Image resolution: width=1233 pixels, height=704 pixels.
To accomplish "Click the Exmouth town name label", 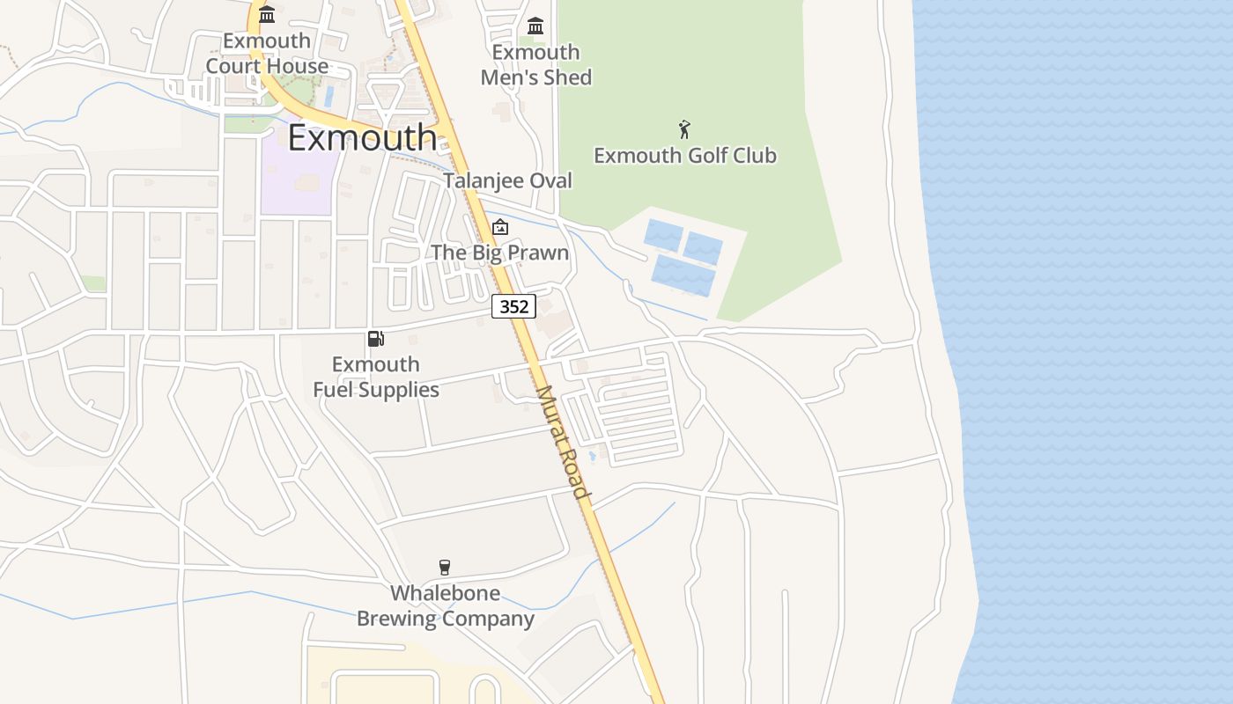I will (x=362, y=138).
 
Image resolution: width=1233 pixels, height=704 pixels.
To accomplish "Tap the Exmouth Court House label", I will (x=267, y=54).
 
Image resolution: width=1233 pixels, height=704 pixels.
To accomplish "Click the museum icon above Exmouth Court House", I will (x=267, y=14).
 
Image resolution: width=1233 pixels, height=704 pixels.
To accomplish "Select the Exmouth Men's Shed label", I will (x=535, y=65).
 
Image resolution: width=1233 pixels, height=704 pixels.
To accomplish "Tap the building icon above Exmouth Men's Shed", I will (x=535, y=26).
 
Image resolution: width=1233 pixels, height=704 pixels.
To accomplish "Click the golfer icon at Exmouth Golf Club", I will (x=684, y=129).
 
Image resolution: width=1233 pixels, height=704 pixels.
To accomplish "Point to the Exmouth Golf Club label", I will (x=684, y=156).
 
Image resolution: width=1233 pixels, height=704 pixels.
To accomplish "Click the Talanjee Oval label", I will (x=507, y=180).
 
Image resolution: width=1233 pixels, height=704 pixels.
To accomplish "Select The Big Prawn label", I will (x=499, y=253).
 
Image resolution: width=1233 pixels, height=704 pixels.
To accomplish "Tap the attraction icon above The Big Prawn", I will (x=499, y=227).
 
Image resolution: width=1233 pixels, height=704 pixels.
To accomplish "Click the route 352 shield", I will (x=513, y=306).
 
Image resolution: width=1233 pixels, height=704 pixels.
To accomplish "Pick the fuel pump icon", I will (x=375, y=339).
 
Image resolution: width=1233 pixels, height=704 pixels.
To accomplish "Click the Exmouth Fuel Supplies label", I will (x=376, y=377).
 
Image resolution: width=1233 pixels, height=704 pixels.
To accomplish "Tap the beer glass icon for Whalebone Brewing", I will (x=445, y=568).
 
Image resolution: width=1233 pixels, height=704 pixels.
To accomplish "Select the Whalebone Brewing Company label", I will (x=445, y=605).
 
